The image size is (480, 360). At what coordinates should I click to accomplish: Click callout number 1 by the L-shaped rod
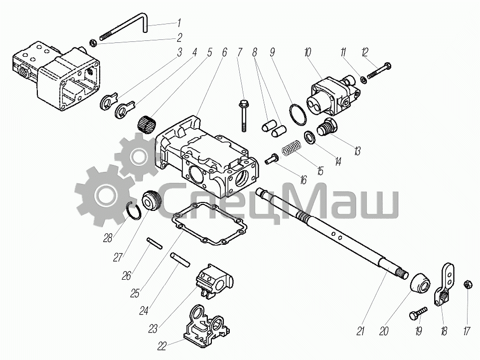178,23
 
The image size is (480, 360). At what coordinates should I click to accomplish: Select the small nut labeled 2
93,41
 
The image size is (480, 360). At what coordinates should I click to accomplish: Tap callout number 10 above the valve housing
307,52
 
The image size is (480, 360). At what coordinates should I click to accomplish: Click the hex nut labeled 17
467,284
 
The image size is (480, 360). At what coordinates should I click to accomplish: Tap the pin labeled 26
155,243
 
